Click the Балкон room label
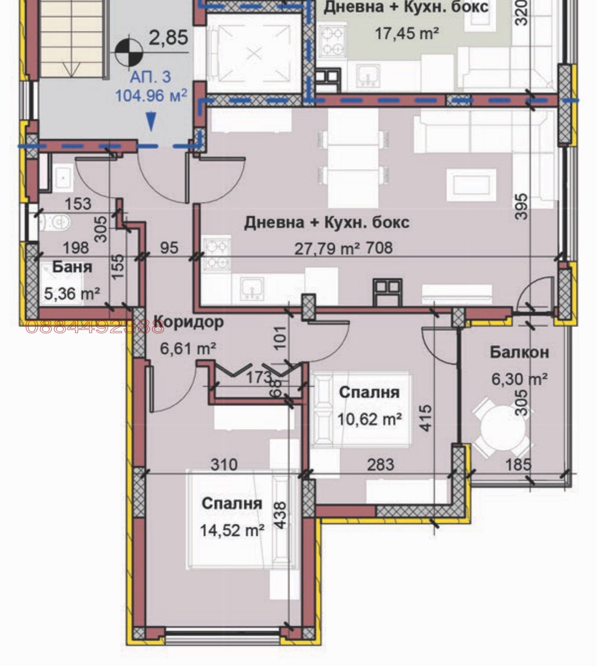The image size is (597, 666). click(519, 352)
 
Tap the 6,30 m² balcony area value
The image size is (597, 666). click(519, 378)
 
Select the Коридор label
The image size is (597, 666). click(189, 322)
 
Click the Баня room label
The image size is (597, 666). click(72, 267)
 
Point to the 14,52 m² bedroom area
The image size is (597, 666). click(232, 529)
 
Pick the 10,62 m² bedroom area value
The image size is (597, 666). click(370, 419)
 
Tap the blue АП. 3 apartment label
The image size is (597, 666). click(151, 77)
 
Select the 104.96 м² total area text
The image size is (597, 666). click(151, 96)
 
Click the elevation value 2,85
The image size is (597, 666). click(168, 38)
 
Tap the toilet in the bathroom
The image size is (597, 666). click(54, 222)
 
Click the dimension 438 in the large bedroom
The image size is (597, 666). click(280, 515)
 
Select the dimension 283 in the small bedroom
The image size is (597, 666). click(380, 464)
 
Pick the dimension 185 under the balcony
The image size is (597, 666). click(518, 464)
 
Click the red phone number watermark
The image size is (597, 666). click(95, 327)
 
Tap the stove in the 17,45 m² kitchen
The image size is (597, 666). click(332, 41)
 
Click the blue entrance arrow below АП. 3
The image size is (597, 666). click(152, 122)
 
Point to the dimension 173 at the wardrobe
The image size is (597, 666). click(259, 377)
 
